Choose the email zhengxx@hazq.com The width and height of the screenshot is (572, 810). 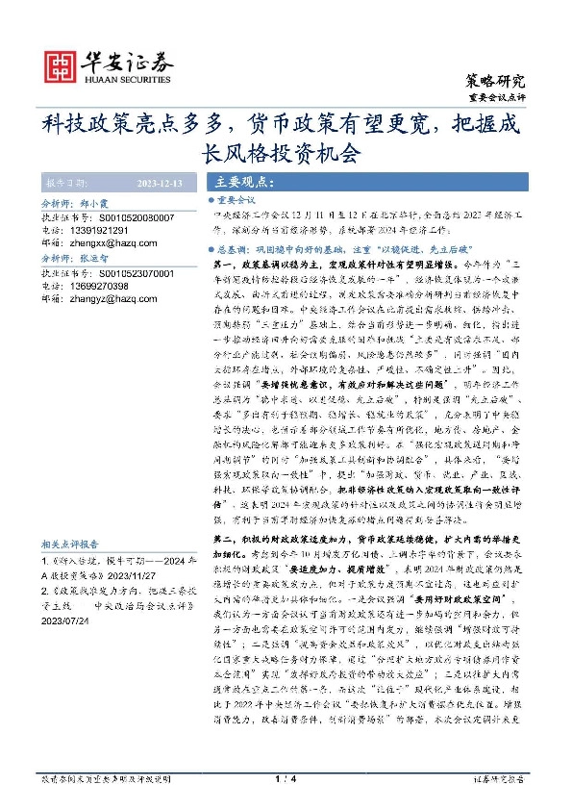pos(113,243)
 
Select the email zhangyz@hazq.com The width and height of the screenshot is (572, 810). pos(113,298)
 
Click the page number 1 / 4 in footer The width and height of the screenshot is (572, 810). pos(285,776)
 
